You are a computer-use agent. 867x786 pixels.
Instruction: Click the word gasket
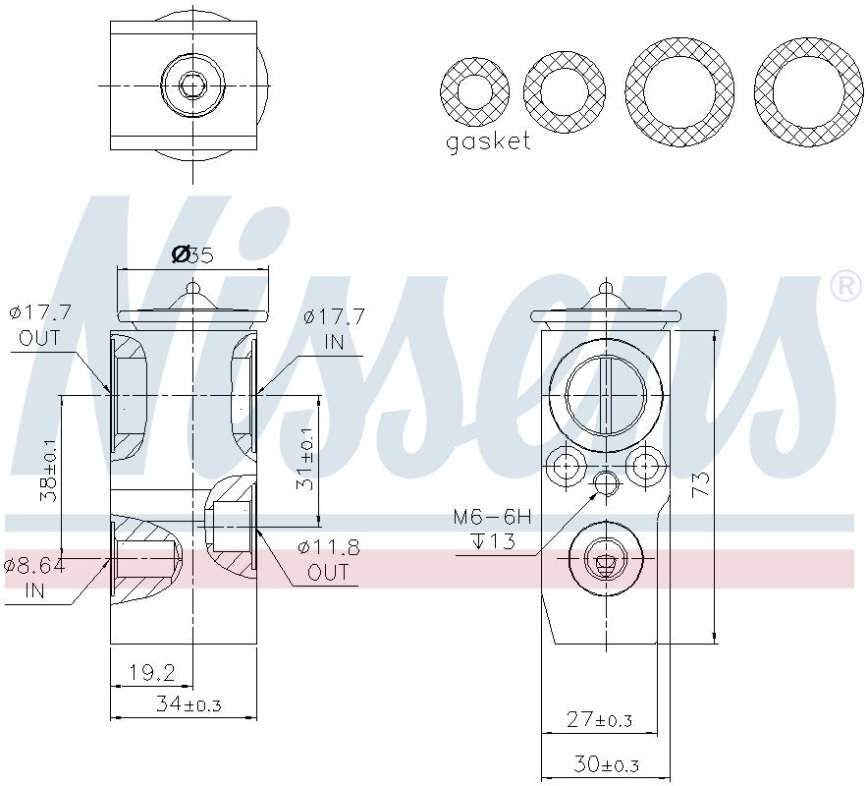(x=488, y=141)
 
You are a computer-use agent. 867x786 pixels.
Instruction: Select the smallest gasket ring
(x=474, y=92)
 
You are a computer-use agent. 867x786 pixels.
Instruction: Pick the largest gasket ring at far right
(x=808, y=92)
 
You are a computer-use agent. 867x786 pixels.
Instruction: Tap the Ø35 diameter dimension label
(x=192, y=254)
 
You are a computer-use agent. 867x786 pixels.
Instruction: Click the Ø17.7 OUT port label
(x=40, y=326)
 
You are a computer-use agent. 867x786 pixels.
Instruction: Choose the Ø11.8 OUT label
(x=328, y=560)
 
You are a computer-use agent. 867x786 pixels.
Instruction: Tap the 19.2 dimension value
(x=152, y=673)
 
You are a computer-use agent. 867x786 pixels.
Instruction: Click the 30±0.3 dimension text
(x=605, y=763)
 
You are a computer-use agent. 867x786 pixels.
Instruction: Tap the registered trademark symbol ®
(x=844, y=286)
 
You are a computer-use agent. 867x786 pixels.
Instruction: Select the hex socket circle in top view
(x=192, y=85)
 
